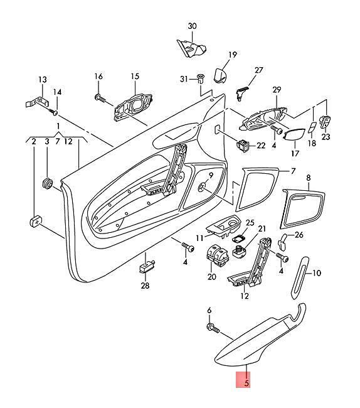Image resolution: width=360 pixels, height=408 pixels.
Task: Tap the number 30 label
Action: (192, 26)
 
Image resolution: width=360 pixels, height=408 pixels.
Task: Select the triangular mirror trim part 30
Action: (191, 48)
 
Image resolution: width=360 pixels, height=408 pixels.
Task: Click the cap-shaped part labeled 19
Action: (220, 75)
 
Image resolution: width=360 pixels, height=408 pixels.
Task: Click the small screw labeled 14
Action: (54, 112)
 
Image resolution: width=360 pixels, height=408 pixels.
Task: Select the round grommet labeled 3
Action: (47, 184)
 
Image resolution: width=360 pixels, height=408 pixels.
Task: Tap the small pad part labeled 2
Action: (36, 222)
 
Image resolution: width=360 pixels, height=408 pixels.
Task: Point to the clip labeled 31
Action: (200, 78)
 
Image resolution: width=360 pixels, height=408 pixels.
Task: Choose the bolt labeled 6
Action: (213, 328)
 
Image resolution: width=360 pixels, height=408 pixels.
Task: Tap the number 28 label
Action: (145, 286)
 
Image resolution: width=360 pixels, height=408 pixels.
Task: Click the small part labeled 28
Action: (147, 266)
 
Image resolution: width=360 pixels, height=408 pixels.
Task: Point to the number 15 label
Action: (135, 76)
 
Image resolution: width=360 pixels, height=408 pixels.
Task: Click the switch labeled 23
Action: (326, 121)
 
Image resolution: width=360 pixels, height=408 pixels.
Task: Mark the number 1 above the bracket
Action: (58, 126)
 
